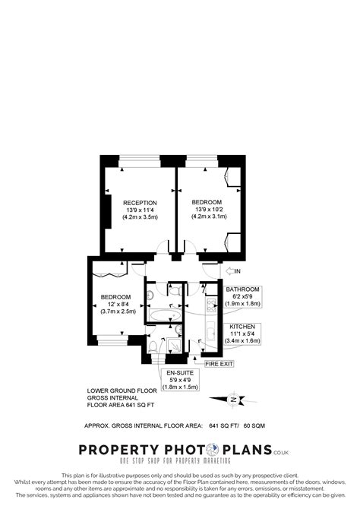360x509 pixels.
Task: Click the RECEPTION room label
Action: pyautogui.click(x=141, y=202)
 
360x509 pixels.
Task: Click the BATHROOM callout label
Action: pyautogui.click(x=242, y=289)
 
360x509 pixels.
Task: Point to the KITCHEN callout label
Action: pyautogui.click(x=242, y=326)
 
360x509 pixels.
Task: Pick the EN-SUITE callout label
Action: pyautogui.click(x=181, y=373)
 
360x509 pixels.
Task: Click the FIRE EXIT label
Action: pyautogui.click(x=219, y=364)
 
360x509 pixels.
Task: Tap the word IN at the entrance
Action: pyautogui.click(x=236, y=270)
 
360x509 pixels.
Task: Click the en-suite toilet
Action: pyautogui.click(x=153, y=346)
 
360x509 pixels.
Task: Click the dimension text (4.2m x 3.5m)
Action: pyautogui.click(x=141, y=217)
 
